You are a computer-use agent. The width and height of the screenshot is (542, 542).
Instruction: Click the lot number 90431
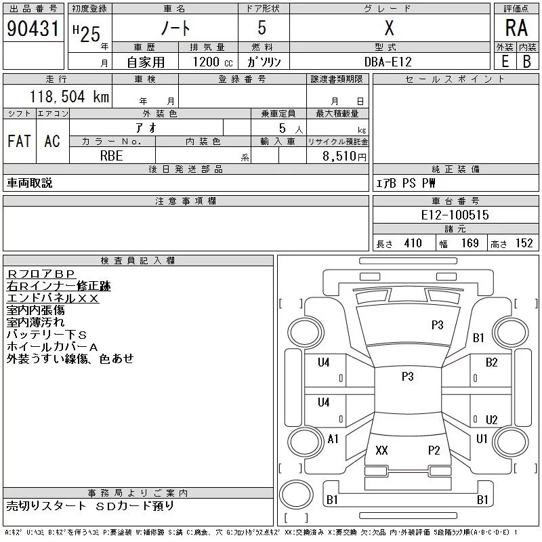pos(33,28)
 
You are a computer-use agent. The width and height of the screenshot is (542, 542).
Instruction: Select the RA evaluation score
pos(516,28)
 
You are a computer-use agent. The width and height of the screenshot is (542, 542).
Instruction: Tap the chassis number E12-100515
pos(455,215)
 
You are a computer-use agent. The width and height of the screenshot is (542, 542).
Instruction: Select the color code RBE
pos(111,155)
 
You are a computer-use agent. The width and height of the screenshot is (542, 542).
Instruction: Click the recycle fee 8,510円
pos(344,155)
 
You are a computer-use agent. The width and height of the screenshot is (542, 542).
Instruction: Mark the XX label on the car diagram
pos(381,451)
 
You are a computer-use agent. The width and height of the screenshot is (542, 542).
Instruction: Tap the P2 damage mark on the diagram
pos(434,451)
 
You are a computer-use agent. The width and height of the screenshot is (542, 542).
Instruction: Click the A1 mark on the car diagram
pos(333,439)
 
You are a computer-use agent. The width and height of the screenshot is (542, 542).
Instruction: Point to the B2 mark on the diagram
pos(492,362)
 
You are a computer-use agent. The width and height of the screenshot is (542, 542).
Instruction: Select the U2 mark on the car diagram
pos(492,420)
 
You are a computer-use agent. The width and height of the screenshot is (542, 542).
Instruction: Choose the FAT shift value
pos(19,141)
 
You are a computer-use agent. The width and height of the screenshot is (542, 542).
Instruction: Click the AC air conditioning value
pos(52,141)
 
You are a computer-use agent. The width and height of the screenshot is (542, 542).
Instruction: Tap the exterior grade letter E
pos(505,61)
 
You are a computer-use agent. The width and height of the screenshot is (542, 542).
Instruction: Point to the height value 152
pos(524,244)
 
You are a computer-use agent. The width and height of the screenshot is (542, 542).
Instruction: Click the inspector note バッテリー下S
pos(47,335)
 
